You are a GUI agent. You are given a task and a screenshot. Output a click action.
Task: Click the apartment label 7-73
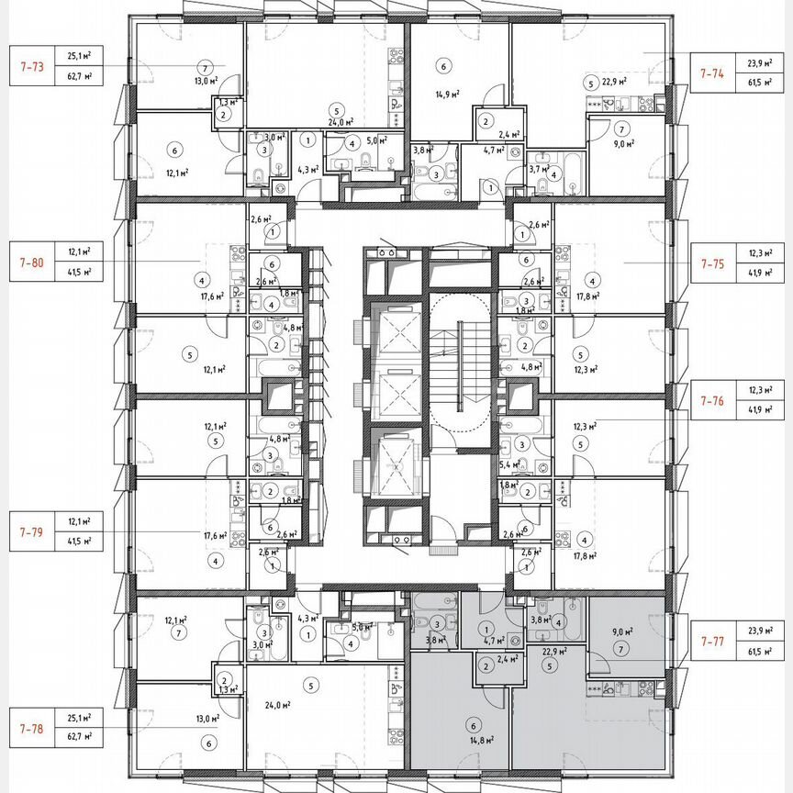(x=31, y=66)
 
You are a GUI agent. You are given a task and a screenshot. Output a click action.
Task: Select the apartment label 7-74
(x=712, y=72)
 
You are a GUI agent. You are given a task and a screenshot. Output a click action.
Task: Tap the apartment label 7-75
(x=712, y=262)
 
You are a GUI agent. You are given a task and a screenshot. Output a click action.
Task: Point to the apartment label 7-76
(x=712, y=400)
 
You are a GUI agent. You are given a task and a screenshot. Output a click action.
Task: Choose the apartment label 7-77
(x=712, y=640)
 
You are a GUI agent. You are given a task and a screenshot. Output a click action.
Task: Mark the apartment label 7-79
(x=31, y=531)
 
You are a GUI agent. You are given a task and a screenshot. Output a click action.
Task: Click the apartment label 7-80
(x=31, y=262)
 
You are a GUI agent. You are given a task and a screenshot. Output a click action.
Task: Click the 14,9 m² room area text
(x=446, y=94)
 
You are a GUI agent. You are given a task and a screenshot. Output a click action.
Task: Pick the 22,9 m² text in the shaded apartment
(x=553, y=652)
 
